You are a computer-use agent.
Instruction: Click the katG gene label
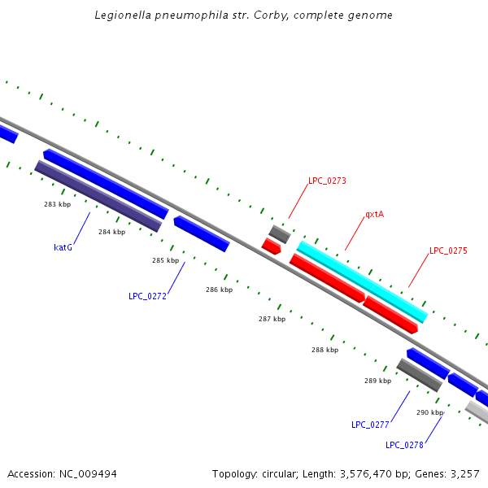point(63,247)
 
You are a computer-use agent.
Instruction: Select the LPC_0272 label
point(147,296)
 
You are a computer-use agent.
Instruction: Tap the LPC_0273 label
point(327,181)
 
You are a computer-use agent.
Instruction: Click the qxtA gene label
point(374,215)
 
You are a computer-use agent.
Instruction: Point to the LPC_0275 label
point(448,251)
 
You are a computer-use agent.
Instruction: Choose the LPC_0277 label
point(370,425)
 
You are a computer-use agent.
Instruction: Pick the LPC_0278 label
point(404,445)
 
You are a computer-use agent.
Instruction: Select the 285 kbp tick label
point(165,260)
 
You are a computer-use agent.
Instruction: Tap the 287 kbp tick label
point(272,319)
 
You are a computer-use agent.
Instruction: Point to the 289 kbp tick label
point(377,381)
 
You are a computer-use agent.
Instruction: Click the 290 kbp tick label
point(429,412)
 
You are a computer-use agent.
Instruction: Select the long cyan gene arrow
point(362,281)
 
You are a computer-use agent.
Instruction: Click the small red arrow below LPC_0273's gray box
point(271,246)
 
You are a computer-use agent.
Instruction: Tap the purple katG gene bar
point(98,195)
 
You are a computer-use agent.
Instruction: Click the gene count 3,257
point(462,473)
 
